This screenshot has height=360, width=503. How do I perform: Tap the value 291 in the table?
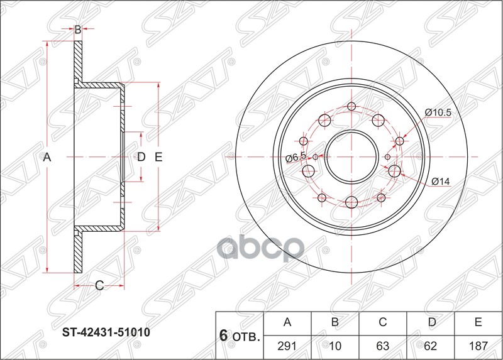click(287, 346)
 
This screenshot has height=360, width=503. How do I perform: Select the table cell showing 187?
click(478, 346)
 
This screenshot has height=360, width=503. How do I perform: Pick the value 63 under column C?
click(382, 346)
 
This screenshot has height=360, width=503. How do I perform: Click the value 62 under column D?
click(430, 346)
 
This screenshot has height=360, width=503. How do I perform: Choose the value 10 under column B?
click(335, 346)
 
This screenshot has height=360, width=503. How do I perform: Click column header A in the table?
click(287, 323)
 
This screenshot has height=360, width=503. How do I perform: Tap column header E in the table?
click(478, 323)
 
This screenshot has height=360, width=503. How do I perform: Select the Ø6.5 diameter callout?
click(295, 157)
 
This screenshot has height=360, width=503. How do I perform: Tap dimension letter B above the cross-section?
click(78, 29)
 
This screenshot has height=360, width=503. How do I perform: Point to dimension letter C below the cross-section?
click(99, 286)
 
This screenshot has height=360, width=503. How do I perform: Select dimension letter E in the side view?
click(158, 157)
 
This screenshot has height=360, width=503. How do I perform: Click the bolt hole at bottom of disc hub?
click(351, 202)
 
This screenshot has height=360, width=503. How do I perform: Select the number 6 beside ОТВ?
click(223, 335)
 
